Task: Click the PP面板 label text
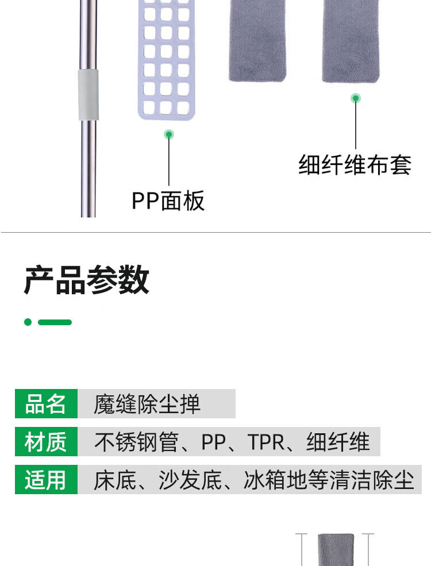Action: [x=168, y=201]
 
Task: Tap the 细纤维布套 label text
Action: [x=355, y=165]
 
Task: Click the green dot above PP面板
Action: [x=168, y=134]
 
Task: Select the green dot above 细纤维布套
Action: [x=356, y=98]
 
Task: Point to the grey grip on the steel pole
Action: [x=88, y=95]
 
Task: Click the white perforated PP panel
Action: [x=167, y=57]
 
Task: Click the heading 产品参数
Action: [x=87, y=280]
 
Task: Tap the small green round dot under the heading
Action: [x=28, y=322]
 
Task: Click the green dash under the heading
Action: [x=55, y=322]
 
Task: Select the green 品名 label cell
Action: [x=46, y=404]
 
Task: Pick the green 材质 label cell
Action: [x=46, y=442]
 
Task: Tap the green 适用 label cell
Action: [x=46, y=480]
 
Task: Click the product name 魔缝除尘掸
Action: [x=147, y=404]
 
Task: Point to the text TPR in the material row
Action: [x=266, y=442]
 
